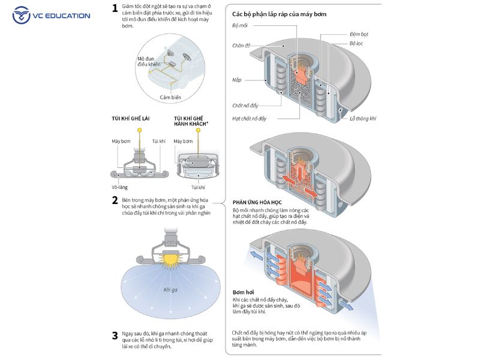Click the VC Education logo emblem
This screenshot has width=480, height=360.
22,14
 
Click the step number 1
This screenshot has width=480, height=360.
115,8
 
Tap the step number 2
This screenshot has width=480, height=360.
115,200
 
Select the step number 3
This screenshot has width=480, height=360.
115,335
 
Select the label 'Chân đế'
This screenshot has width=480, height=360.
242,46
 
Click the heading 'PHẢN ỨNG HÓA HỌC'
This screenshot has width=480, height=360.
257,202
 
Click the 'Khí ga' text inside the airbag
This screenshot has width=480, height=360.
170,290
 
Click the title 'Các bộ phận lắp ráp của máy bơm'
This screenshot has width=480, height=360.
279,14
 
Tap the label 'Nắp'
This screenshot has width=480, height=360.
237,79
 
